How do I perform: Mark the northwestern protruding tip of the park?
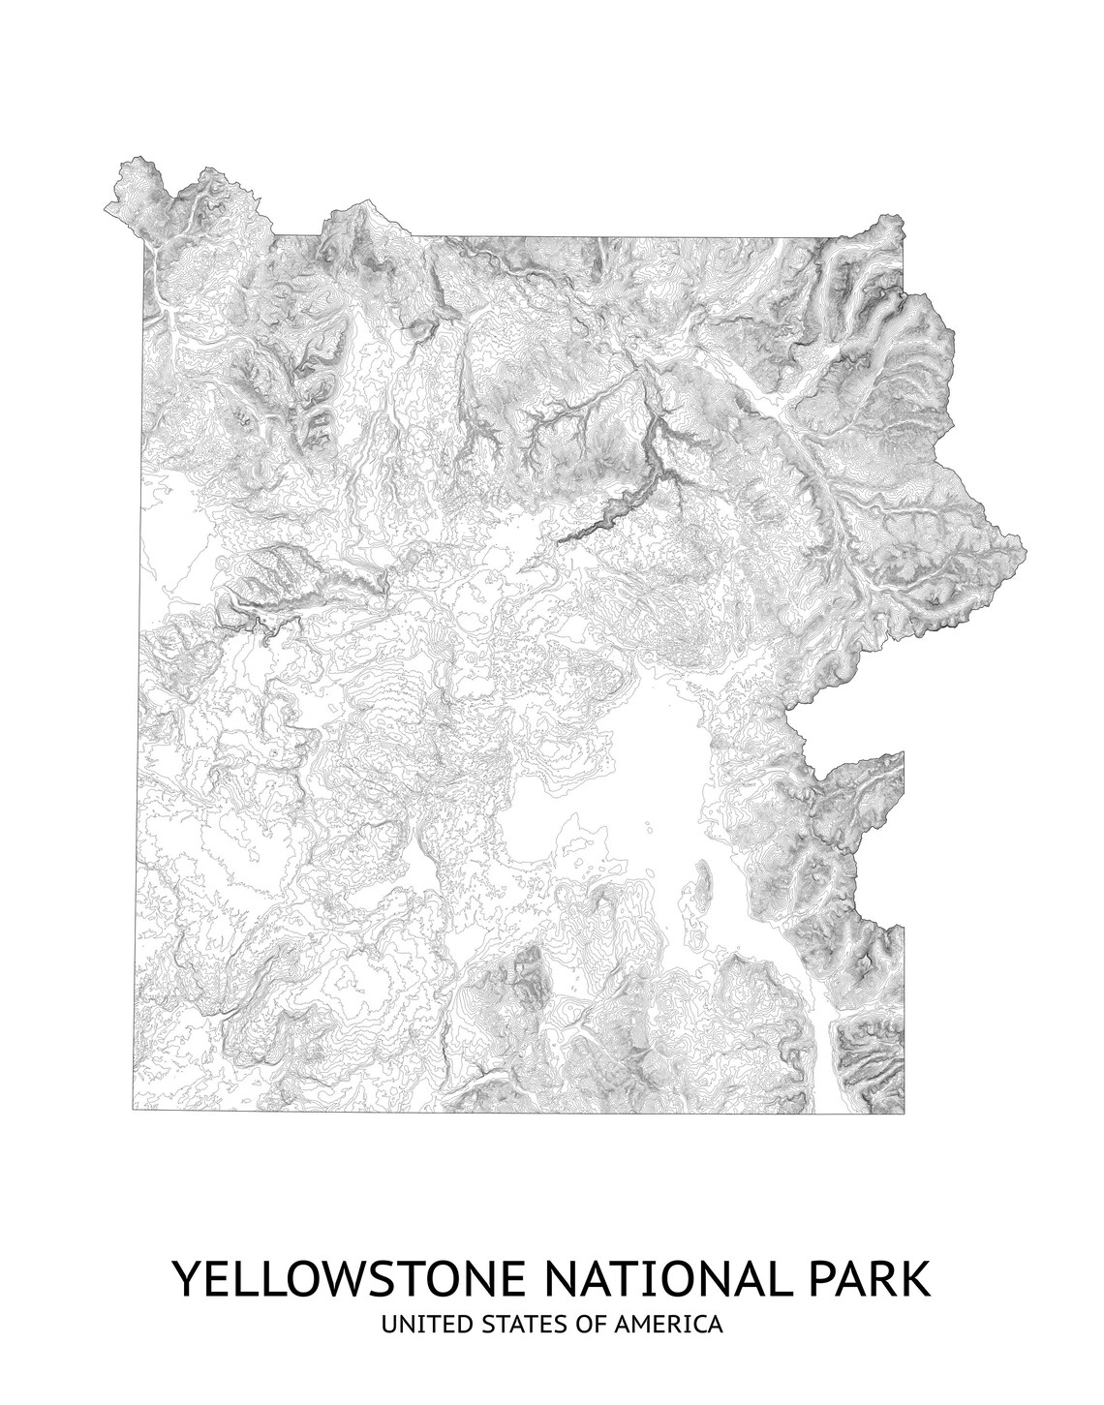pyautogui.click(x=107, y=206)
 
